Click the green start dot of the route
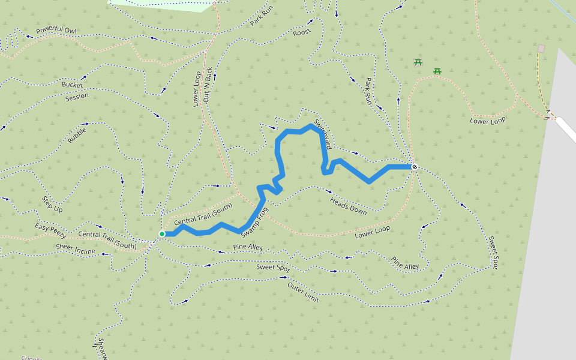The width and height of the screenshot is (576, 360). click(x=162, y=234)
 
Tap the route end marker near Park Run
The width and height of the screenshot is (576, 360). click(x=414, y=167)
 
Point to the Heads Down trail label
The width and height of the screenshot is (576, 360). click(x=349, y=206)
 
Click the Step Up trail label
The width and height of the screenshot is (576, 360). click(x=52, y=204)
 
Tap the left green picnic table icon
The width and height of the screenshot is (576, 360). click(x=418, y=62)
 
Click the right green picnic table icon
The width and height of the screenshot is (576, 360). click(x=437, y=71)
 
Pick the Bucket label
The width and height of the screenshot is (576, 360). click(x=73, y=85)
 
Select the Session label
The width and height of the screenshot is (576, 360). click(x=76, y=96)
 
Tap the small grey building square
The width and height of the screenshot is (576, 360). click(x=541, y=49)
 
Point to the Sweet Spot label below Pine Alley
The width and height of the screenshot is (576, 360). click(x=273, y=268)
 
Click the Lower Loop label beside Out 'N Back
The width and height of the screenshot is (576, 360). click(x=197, y=89)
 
